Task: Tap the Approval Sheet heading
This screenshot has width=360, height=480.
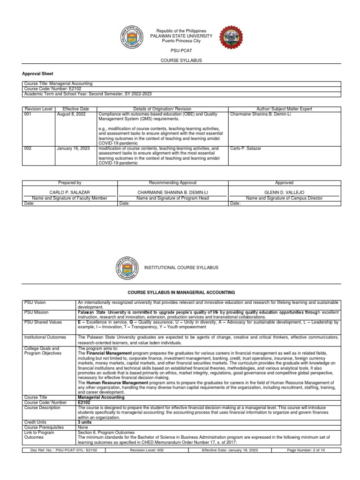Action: click(x=38, y=74)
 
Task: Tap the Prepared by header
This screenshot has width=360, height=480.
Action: click(x=69, y=182)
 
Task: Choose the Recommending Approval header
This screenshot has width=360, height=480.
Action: click(x=172, y=182)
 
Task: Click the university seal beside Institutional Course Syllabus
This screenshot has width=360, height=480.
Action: click(x=127, y=268)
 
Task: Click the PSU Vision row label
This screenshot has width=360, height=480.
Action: click(x=36, y=303)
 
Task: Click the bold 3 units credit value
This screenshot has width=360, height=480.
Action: click(x=85, y=422)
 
